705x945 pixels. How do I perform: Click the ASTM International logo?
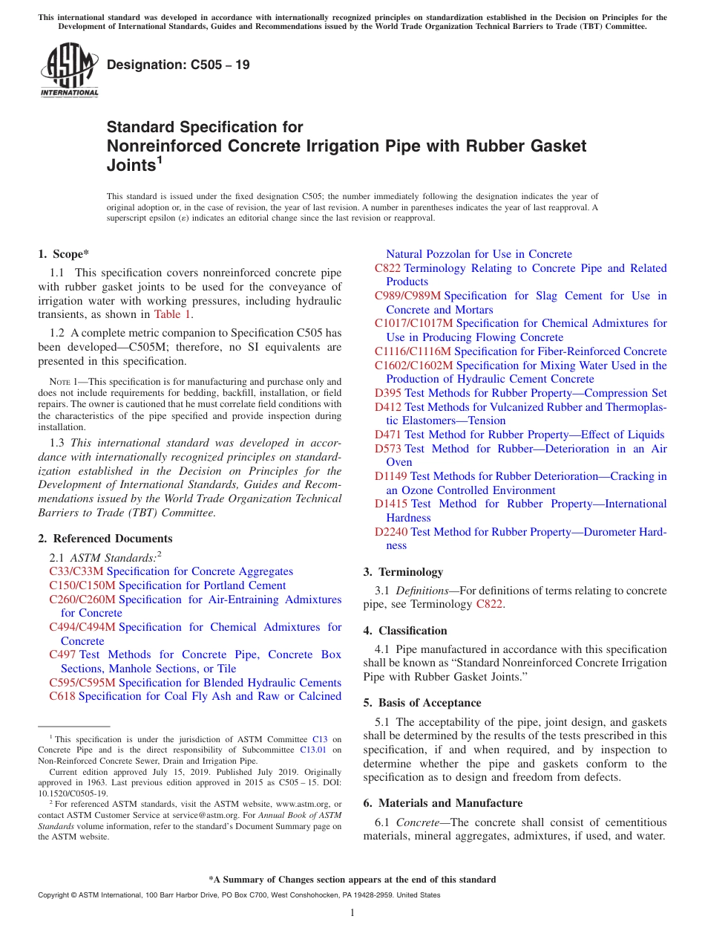click(69, 70)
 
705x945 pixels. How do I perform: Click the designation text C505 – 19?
click(178, 65)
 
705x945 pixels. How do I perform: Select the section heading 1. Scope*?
click(63, 254)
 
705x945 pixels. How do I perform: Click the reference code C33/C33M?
click(76, 571)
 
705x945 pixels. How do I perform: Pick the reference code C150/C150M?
click(82, 585)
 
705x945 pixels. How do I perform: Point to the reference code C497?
click(62, 655)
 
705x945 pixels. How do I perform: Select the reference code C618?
click(62, 696)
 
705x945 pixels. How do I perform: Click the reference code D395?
click(388, 393)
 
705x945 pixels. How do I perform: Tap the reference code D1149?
click(391, 476)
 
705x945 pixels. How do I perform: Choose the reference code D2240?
click(391, 532)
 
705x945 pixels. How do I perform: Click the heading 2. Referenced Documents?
click(105, 539)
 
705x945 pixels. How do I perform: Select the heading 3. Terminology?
click(403, 572)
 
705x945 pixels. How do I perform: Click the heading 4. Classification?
click(405, 631)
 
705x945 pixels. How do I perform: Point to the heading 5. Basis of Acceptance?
click(422, 703)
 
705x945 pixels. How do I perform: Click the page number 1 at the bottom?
click(352, 912)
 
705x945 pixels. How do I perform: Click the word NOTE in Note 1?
click(48, 381)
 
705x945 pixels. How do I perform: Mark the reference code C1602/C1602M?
click(414, 366)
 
